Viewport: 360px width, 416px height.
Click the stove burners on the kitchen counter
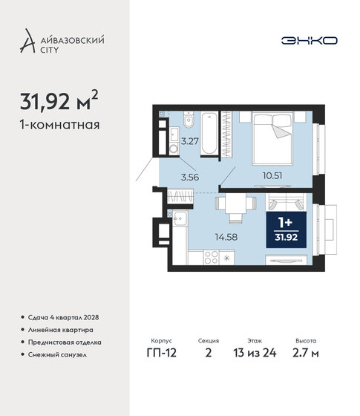[x=228, y=259]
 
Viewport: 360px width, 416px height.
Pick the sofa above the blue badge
[x=285, y=201]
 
